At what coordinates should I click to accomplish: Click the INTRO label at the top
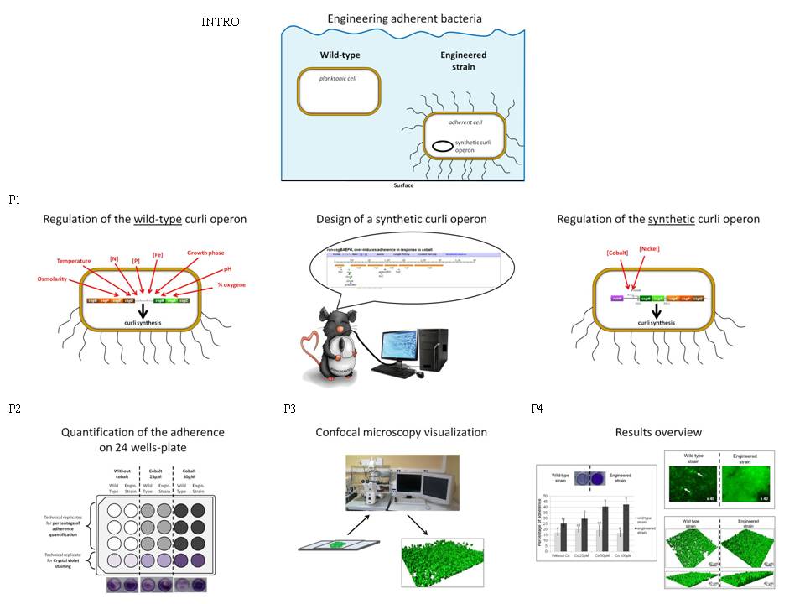coord(221,22)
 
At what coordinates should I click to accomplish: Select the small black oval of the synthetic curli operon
coord(442,146)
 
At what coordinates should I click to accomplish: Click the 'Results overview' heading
coord(658,433)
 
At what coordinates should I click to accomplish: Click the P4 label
coord(538,409)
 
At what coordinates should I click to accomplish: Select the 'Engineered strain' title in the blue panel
coord(464,60)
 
